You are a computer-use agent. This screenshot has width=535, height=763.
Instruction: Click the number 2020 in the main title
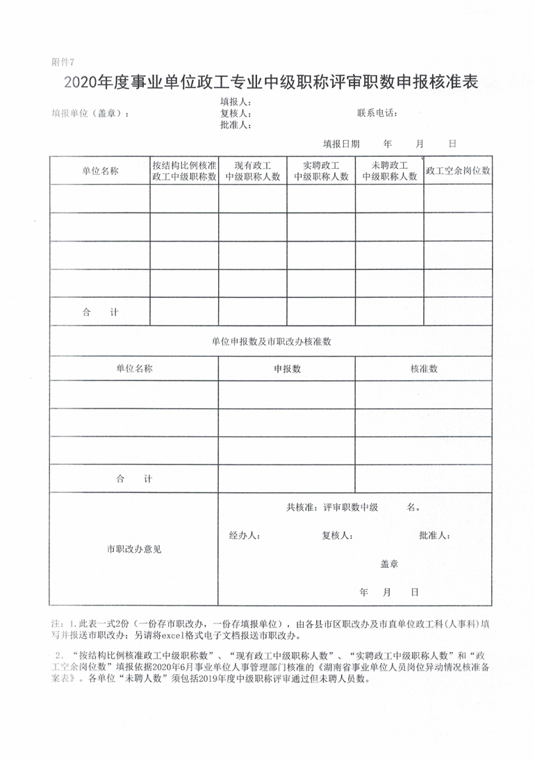point(81,83)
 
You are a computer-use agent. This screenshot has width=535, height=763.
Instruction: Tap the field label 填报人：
point(236,102)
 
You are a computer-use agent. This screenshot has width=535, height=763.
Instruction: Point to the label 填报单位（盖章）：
point(90,114)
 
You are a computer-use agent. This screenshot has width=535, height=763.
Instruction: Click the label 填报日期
point(341,144)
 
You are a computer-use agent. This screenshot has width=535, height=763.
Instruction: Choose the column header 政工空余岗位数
point(458,170)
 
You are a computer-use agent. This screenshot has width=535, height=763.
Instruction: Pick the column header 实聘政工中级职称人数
point(321,171)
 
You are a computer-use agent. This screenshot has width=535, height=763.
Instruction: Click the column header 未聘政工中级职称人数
point(389,171)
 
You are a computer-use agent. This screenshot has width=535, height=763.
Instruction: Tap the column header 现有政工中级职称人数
point(253,171)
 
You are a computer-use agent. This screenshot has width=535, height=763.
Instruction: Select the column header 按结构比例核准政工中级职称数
point(184,171)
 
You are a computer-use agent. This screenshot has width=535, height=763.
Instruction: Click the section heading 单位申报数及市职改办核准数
point(271,342)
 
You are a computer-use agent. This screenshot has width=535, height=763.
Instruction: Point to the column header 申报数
point(287,369)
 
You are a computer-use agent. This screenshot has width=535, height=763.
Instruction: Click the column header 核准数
point(424,369)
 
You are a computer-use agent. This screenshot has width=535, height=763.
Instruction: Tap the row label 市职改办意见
point(134,548)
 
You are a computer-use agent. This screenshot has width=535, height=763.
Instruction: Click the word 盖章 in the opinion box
point(389,564)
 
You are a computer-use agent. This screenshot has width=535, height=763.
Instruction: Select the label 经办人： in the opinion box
point(245,536)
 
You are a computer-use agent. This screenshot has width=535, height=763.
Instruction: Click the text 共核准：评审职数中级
point(331,508)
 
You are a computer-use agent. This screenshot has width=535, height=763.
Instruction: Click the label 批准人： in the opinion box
point(435,536)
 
